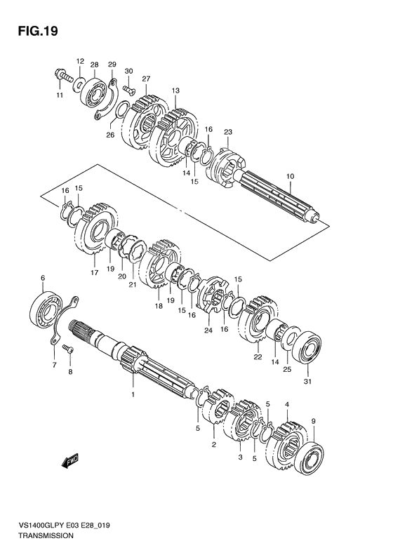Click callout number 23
click(227, 131)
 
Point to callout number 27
click(146, 79)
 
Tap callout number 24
click(208, 330)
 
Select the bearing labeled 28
click(94, 89)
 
